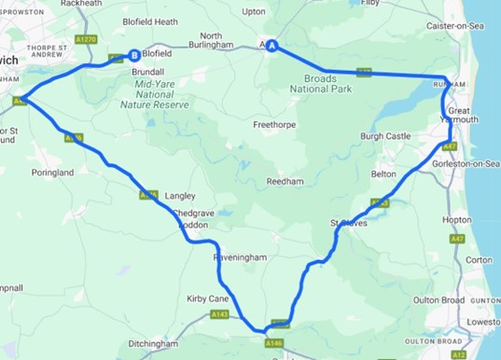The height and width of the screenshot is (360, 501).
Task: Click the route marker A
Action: pyautogui.click(x=272, y=46)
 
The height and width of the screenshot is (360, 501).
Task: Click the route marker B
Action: pyautogui.click(x=135, y=55)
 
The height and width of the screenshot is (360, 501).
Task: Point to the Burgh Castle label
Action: pyautogui.click(x=385, y=136)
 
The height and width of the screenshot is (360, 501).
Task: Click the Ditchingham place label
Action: pyautogui.click(x=153, y=344)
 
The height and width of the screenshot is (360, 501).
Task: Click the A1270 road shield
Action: pyautogui.click(x=87, y=40)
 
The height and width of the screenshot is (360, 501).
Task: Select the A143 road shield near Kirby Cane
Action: pyautogui.click(x=220, y=314)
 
